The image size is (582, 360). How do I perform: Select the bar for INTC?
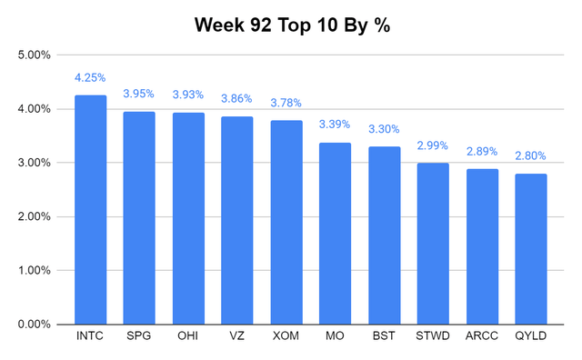click(91, 209)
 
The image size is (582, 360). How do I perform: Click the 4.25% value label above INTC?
click(91, 77)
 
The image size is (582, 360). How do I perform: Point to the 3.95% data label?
click(139, 94)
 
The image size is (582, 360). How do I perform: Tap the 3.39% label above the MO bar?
click(336, 124)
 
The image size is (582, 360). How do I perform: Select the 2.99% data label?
click(433, 145)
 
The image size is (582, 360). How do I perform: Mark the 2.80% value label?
click(531, 155)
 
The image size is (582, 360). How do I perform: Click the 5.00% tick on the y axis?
click(35, 55)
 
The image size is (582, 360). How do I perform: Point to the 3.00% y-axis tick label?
click(35, 163)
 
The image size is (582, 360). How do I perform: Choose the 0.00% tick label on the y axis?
click(35, 324)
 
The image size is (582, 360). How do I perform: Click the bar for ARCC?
click(482, 245)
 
